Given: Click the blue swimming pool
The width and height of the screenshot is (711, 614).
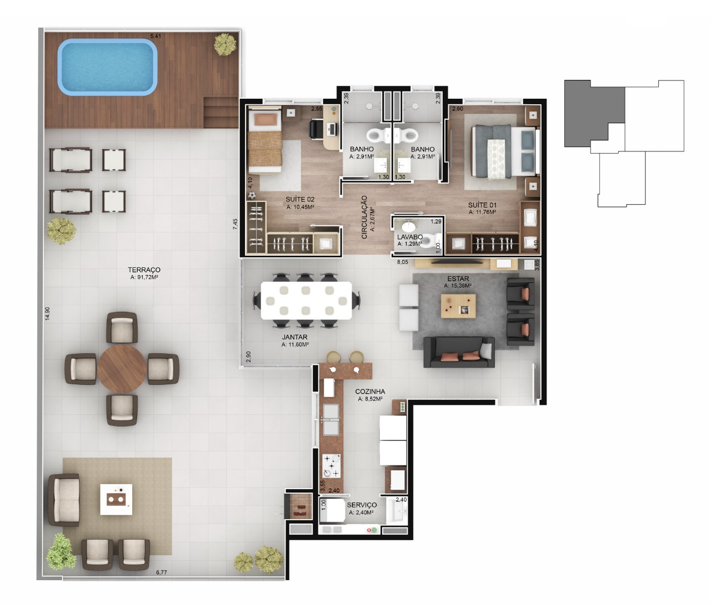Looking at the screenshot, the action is click(x=107, y=67).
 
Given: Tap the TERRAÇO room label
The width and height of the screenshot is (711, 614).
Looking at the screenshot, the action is click(x=144, y=270).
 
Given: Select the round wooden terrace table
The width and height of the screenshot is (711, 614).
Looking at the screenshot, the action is click(x=122, y=369).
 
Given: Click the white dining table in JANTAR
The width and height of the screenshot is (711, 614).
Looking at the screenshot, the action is click(x=307, y=301).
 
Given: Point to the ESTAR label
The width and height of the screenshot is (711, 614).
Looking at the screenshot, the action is click(x=458, y=278).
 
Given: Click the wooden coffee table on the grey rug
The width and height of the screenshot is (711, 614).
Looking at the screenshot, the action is click(x=458, y=305).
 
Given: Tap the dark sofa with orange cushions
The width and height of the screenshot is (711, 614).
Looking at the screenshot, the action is click(x=459, y=352).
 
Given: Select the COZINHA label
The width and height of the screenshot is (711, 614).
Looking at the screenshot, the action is click(x=370, y=392).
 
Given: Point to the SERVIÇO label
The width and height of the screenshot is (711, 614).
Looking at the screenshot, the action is click(x=362, y=505).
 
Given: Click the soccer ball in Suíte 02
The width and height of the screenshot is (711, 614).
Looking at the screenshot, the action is click(x=252, y=196).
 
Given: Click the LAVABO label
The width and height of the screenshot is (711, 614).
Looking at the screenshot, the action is click(x=410, y=237).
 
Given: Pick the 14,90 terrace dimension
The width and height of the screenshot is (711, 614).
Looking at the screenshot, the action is click(x=48, y=313).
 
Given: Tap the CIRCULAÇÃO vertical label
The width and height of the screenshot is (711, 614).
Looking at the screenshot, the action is click(x=364, y=217).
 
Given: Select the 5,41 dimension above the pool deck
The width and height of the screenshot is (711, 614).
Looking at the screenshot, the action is click(x=156, y=35).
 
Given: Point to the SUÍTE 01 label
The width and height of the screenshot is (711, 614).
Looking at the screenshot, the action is click(x=482, y=205).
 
